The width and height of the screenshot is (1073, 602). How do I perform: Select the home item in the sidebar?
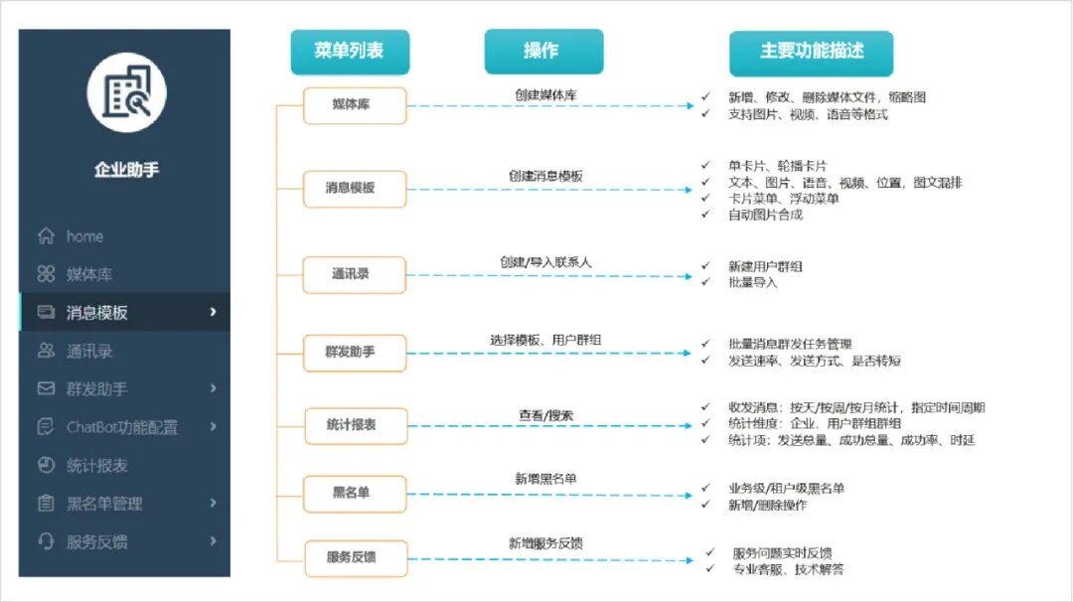[x=84, y=236]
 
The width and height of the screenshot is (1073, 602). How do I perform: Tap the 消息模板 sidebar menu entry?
[x=96, y=313]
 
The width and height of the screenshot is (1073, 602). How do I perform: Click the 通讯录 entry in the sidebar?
[x=88, y=351]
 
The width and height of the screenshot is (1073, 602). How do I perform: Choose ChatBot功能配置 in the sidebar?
[x=121, y=427]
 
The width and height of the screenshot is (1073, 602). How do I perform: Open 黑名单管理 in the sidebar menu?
[x=104, y=504]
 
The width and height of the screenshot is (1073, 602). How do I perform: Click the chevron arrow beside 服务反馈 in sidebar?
[x=214, y=541]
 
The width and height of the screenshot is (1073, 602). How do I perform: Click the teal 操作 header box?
[x=542, y=52]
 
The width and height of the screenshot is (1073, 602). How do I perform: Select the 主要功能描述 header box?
[x=812, y=52]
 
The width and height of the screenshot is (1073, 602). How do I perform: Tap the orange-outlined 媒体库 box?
[x=355, y=105]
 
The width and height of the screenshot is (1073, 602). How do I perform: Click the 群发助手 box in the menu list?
[x=355, y=352]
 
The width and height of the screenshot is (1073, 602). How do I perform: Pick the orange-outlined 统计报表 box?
[x=355, y=425]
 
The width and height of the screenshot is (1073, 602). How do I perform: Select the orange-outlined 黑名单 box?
[x=355, y=493]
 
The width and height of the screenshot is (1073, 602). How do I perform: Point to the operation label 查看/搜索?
[x=545, y=415]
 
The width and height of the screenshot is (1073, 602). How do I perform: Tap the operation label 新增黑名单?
[x=545, y=479]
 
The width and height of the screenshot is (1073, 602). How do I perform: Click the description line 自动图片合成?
[x=765, y=215]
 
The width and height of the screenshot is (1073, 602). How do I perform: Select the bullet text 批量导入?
[x=752, y=282]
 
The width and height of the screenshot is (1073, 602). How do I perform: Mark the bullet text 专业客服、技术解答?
[x=789, y=569]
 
